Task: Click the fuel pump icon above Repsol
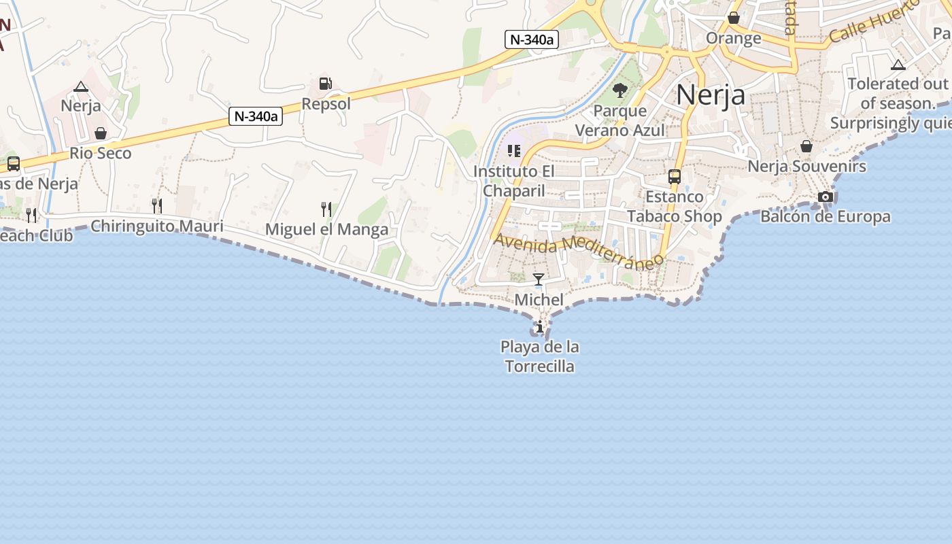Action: pos(326,84)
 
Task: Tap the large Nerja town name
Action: pos(710,95)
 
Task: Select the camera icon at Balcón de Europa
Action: pos(826,197)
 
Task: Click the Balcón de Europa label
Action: pos(826,217)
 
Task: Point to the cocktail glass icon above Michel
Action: pos(539,279)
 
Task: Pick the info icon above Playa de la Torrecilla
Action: pos(540,327)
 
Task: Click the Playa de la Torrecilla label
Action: pos(540,356)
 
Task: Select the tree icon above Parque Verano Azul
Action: pos(619,90)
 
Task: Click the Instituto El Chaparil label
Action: pos(514,181)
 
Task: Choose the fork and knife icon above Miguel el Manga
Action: pos(326,208)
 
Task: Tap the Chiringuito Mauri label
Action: pos(156,226)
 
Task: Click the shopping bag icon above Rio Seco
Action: pos(101,133)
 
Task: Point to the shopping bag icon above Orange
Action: pos(734,18)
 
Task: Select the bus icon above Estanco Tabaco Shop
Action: pos(675,177)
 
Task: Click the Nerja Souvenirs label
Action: pos(806,166)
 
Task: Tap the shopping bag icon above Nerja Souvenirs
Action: pos(806,146)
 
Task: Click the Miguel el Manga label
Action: pos(326,229)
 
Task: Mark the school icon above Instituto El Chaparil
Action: pos(514,150)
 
